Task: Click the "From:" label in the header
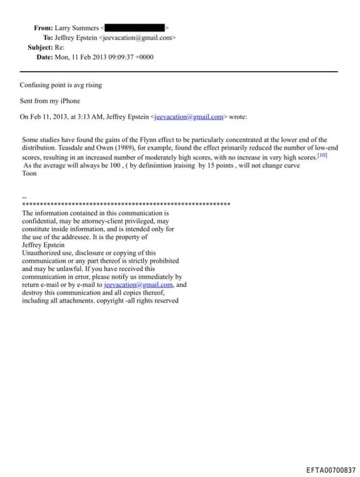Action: point(43,27)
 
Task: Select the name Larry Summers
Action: point(78,27)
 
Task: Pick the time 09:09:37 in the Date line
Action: point(123,56)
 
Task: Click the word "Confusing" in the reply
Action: point(34,85)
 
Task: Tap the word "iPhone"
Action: point(69,101)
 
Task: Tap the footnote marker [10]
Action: point(322,155)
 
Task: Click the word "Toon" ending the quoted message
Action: point(30,172)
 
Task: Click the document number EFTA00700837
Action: point(330,469)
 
